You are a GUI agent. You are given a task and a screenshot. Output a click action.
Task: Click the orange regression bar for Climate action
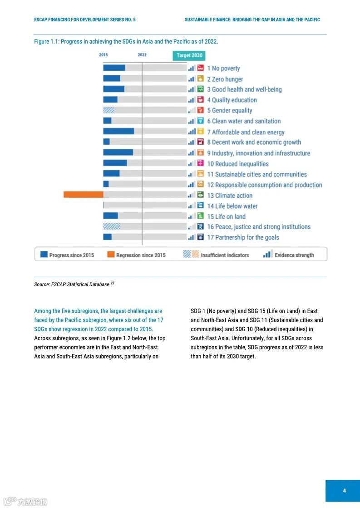(x=83, y=195)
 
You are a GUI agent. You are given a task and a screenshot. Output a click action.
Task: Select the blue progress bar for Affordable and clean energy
(x=118, y=131)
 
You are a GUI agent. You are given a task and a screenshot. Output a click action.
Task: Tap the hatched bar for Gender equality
(x=108, y=110)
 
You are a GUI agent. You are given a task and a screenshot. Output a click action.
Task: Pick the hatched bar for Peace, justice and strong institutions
(x=112, y=226)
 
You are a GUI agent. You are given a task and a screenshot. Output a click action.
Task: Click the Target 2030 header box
(x=189, y=55)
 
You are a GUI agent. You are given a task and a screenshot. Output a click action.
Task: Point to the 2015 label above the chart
(x=104, y=55)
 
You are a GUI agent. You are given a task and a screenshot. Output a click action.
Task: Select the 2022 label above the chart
(x=142, y=55)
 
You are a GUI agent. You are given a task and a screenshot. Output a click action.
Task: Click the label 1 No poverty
(x=223, y=69)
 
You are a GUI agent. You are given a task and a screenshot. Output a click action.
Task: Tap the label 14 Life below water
(x=232, y=206)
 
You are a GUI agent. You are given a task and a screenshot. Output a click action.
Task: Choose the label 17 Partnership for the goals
(x=243, y=237)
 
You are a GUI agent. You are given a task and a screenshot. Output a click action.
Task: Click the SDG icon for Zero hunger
(x=200, y=79)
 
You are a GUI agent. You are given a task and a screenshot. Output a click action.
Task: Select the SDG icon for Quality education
(x=200, y=100)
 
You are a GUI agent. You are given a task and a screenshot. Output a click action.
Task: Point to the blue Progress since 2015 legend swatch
(x=44, y=254)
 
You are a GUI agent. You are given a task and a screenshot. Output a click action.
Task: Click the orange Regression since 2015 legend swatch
(x=111, y=254)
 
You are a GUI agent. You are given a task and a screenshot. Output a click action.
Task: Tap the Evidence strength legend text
(x=294, y=255)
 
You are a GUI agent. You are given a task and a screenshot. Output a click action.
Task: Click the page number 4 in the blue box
(x=344, y=490)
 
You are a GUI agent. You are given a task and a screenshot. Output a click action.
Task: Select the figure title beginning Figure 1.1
(x=126, y=41)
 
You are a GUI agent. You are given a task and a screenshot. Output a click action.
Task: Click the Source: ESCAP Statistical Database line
(x=74, y=284)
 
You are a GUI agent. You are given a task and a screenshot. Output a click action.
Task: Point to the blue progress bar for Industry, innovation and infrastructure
(x=118, y=152)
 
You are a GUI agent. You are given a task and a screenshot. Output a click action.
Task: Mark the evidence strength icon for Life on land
(x=192, y=216)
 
